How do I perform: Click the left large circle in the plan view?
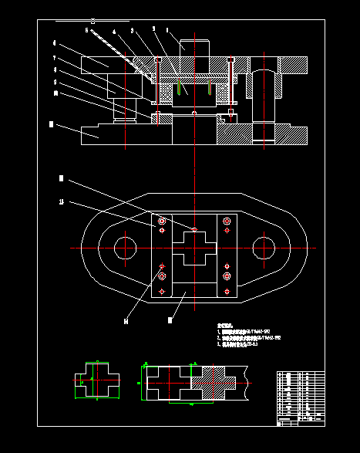125,248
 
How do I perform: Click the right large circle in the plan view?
264,248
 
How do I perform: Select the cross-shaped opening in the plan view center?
194,248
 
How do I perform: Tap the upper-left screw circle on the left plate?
162,222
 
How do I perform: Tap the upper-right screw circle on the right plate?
227,222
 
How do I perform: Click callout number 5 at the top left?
86,29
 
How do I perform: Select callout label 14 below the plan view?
126,319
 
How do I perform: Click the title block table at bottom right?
301,397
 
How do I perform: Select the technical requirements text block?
247,338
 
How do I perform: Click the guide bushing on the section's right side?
264,85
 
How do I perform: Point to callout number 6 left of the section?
54,43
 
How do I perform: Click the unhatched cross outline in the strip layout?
166,382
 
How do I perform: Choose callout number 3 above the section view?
133,31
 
